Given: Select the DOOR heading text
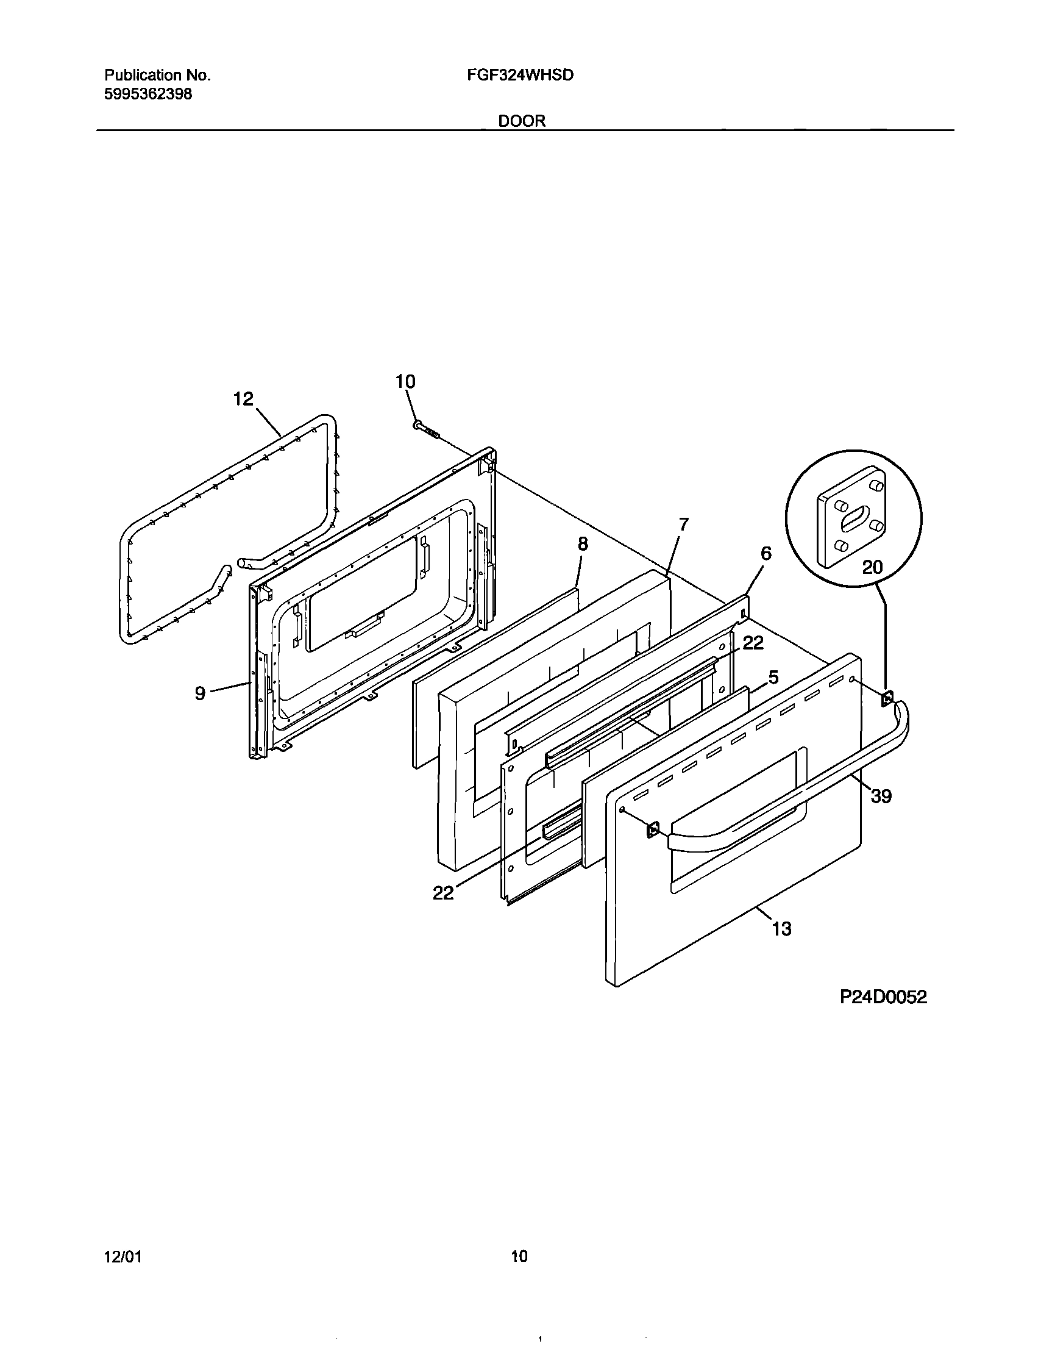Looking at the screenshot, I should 522,121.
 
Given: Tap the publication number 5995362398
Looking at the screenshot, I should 148,95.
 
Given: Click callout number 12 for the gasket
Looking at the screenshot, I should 243,399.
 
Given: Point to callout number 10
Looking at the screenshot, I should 405,382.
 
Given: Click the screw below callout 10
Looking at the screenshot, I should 426,429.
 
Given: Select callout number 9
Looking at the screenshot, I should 200,693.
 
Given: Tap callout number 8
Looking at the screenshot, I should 583,544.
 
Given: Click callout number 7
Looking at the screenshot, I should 683,524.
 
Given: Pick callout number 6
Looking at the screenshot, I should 766,553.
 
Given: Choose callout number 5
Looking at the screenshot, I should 773,678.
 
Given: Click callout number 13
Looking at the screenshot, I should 782,946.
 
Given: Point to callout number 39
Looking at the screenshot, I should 881,797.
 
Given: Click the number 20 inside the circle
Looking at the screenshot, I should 872,567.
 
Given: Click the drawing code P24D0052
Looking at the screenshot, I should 883,997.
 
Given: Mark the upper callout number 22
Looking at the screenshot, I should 753,643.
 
